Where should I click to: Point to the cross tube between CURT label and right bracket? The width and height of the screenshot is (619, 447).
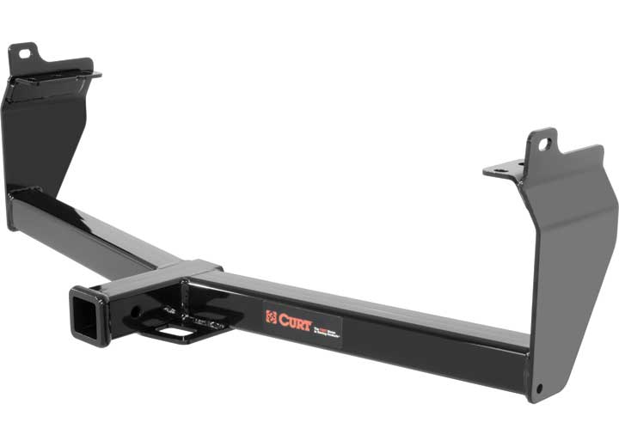(430, 335)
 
